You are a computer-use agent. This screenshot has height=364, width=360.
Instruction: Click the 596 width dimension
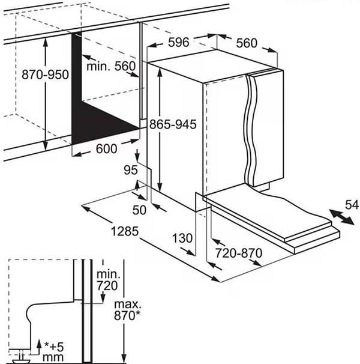(x=179, y=42)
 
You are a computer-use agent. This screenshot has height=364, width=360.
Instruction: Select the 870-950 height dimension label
(x=45, y=74)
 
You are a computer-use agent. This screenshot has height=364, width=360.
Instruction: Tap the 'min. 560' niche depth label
(x=111, y=66)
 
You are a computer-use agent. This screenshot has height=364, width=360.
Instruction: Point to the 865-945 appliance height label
(x=173, y=124)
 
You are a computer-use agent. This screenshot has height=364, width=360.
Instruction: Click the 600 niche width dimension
(x=106, y=148)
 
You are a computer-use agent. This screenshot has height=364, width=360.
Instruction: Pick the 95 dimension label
(x=131, y=170)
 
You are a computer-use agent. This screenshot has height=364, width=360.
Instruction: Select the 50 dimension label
(x=139, y=210)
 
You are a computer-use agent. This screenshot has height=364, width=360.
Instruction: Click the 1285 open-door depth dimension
(x=125, y=231)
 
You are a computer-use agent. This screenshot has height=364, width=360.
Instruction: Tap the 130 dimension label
(x=182, y=238)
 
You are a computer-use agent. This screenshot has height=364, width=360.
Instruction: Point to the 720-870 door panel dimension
(x=239, y=253)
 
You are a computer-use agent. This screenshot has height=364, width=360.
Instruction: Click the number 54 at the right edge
(x=352, y=205)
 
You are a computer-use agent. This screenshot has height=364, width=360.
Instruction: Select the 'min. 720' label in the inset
(x=107, y=280)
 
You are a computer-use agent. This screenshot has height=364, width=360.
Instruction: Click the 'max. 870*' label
(x=127, y=310)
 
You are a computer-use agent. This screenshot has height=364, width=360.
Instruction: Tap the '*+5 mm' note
(x=53, y=352)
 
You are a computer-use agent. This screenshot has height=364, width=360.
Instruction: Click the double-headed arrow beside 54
(x=342, y=217)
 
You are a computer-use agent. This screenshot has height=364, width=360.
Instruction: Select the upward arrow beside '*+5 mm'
(x=39, y=348)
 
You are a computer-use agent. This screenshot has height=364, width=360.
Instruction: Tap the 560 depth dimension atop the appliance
(x=247, y=43)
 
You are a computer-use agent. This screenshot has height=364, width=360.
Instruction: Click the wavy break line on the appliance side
(x=251, y=130)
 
